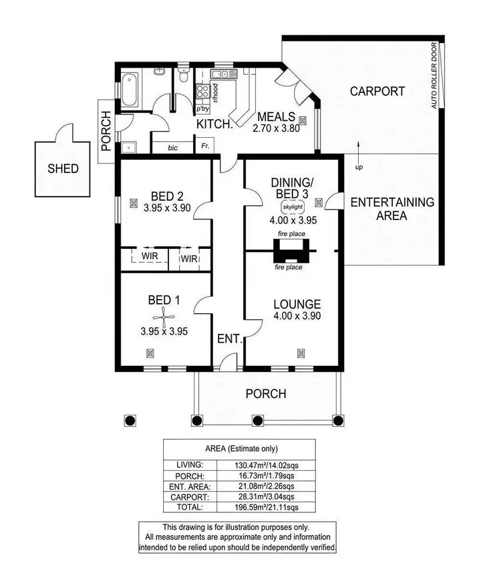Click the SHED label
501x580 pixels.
tap(63, 169)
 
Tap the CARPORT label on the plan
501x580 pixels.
tap(377, 91)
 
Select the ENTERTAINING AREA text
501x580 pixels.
tap(392, 209)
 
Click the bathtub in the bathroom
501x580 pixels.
tap(129, 90)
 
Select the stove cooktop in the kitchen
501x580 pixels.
tap(203, 92)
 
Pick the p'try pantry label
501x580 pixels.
tap(202, 108)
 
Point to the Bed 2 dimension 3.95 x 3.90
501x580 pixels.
tap(166, 208)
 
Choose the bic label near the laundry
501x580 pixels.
tap(172, 147)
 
